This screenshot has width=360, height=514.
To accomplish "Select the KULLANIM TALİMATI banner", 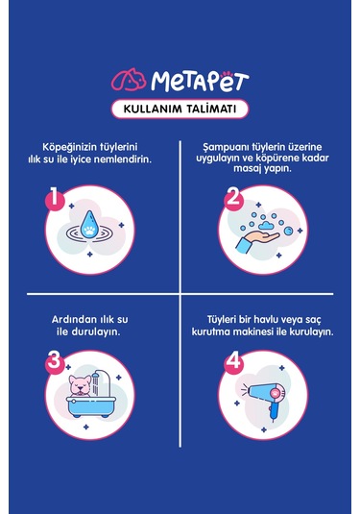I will pos(180,107).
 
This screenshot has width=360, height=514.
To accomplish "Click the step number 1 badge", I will pos(56,200).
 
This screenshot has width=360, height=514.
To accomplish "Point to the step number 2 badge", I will pos(232,199).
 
